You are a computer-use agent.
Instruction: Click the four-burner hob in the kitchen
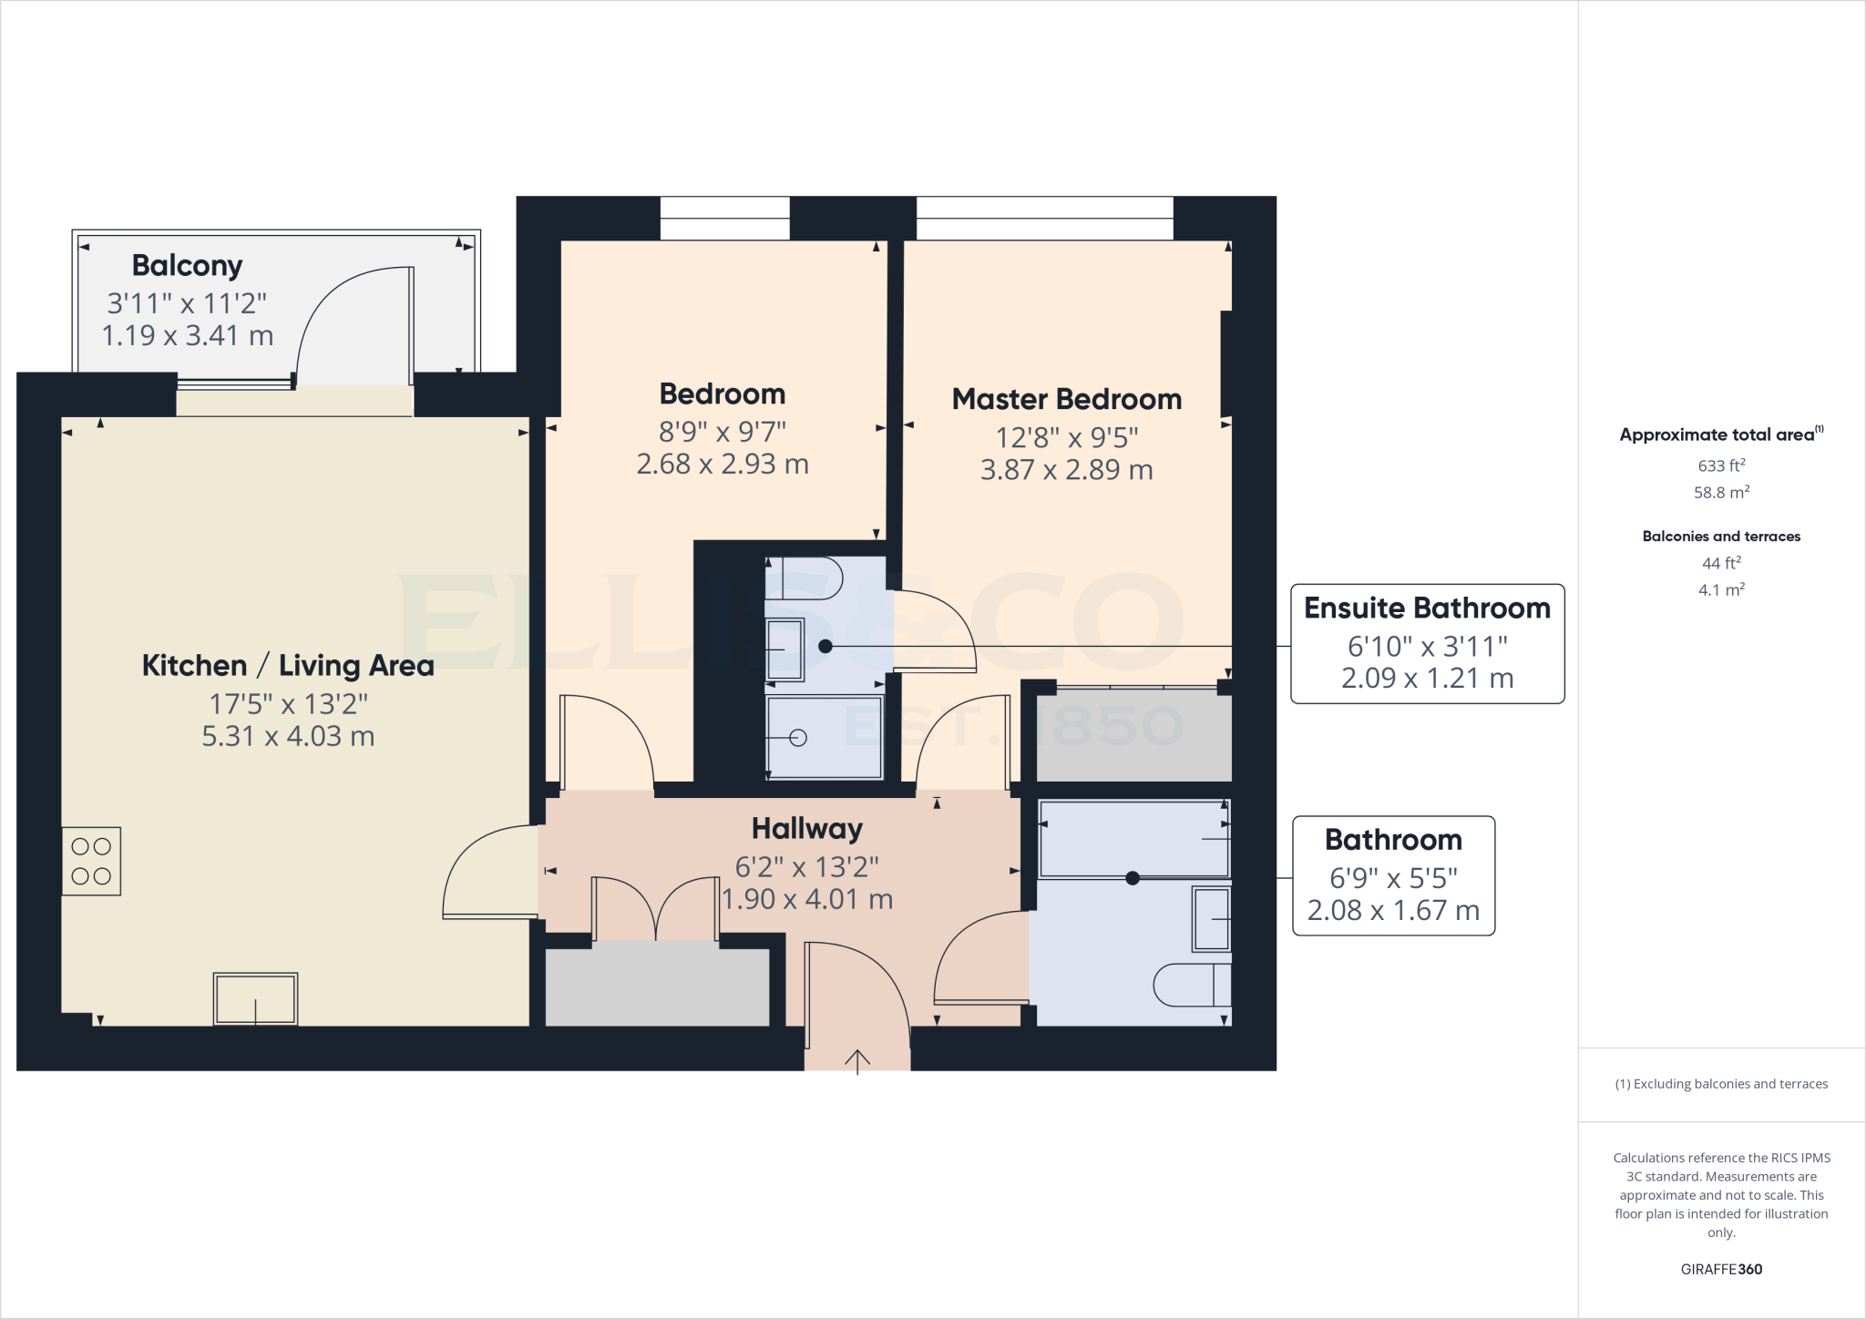(91, 861)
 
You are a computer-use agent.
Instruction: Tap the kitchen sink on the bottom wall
(255, 998)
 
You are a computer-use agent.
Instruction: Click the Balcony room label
(187, 265)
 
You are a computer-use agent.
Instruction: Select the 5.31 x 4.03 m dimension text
(288, 736)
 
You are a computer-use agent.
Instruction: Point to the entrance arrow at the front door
(857, 1060)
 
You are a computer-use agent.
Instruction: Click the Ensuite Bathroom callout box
(1427, 643)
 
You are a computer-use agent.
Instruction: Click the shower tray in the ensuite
(825, 737)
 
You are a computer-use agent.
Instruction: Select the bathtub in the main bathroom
(1133, 838)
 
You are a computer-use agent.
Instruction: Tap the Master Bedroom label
(1066, 399)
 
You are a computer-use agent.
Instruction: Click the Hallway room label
(806, 828)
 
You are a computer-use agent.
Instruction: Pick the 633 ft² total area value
(1721, 465)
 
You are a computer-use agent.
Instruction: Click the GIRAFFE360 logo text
(1721, 1269)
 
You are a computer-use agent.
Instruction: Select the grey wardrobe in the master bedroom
(1133, 735)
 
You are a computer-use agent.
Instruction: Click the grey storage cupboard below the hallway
(657, 987)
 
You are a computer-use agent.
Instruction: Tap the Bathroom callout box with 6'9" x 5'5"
(1393, 874)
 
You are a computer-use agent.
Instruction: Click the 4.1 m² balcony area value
(1721, 589)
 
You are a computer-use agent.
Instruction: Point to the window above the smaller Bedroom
(724, 218)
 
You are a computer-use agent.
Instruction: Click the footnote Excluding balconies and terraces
(1721, 1084)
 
